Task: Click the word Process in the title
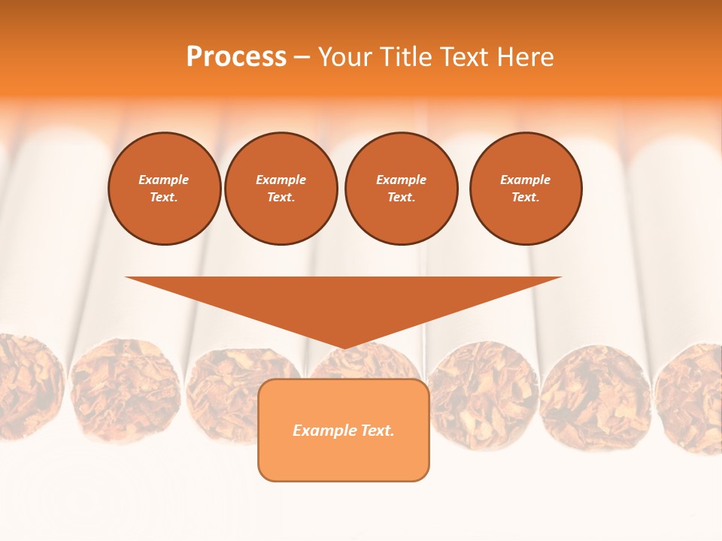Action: (236, 57)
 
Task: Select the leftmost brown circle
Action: (165, 189)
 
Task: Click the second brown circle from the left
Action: (281, 189)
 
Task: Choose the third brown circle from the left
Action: (401, 189)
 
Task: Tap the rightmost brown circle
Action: (526, 189)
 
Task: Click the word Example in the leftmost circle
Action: (163, 180)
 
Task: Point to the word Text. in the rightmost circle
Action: (525, 198)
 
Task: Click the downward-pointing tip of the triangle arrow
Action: (344, 346)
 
